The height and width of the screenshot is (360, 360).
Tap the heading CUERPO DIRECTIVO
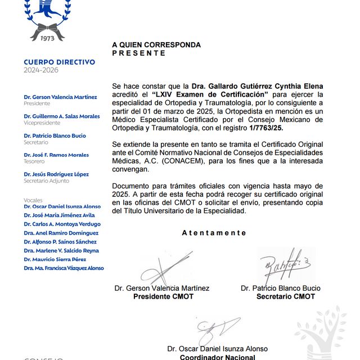tap(60, 62)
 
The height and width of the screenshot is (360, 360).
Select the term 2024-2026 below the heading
tap(40, 70)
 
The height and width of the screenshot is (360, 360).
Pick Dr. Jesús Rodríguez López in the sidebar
tap(56, 174)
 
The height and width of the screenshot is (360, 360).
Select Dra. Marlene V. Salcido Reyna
tap(61, 250)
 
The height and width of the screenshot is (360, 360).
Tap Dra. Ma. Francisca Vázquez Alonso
tap(64, 268)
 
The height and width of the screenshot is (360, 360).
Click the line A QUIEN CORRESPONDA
tap(156, 44)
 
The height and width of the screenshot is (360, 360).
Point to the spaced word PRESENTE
tap(139, 53)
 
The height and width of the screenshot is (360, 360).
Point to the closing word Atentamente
tap(214, 233)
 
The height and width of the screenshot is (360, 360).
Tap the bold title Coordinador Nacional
tap(217, 357)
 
